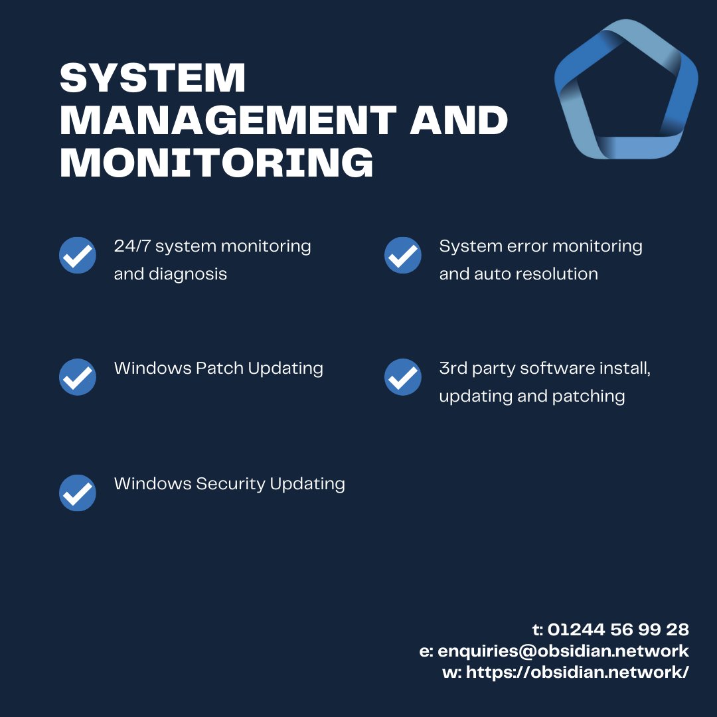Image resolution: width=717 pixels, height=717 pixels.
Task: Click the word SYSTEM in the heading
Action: coord(153,78)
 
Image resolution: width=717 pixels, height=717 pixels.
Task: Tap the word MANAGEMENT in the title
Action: coord(228,120)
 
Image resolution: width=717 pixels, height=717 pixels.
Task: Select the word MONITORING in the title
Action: coord(216,163)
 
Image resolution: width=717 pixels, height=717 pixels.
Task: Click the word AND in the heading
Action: coord(459,120)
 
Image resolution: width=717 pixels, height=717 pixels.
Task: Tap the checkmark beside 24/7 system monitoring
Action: coord(77,255)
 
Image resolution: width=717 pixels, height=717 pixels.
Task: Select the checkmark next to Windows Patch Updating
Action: coord(77,377)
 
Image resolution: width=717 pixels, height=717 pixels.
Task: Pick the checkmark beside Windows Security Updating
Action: coord(77,493)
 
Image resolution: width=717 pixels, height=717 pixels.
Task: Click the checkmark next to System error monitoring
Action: coord(403,255)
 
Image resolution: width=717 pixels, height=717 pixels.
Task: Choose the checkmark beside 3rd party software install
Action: coord(403,377)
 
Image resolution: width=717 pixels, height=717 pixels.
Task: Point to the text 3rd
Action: coord(453,368)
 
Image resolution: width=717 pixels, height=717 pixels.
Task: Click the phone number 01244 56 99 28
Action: coord(618,629)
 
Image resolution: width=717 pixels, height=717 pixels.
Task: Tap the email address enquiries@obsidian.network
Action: coord(564,651)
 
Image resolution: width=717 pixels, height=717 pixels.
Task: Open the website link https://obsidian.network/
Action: coord(578,672)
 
